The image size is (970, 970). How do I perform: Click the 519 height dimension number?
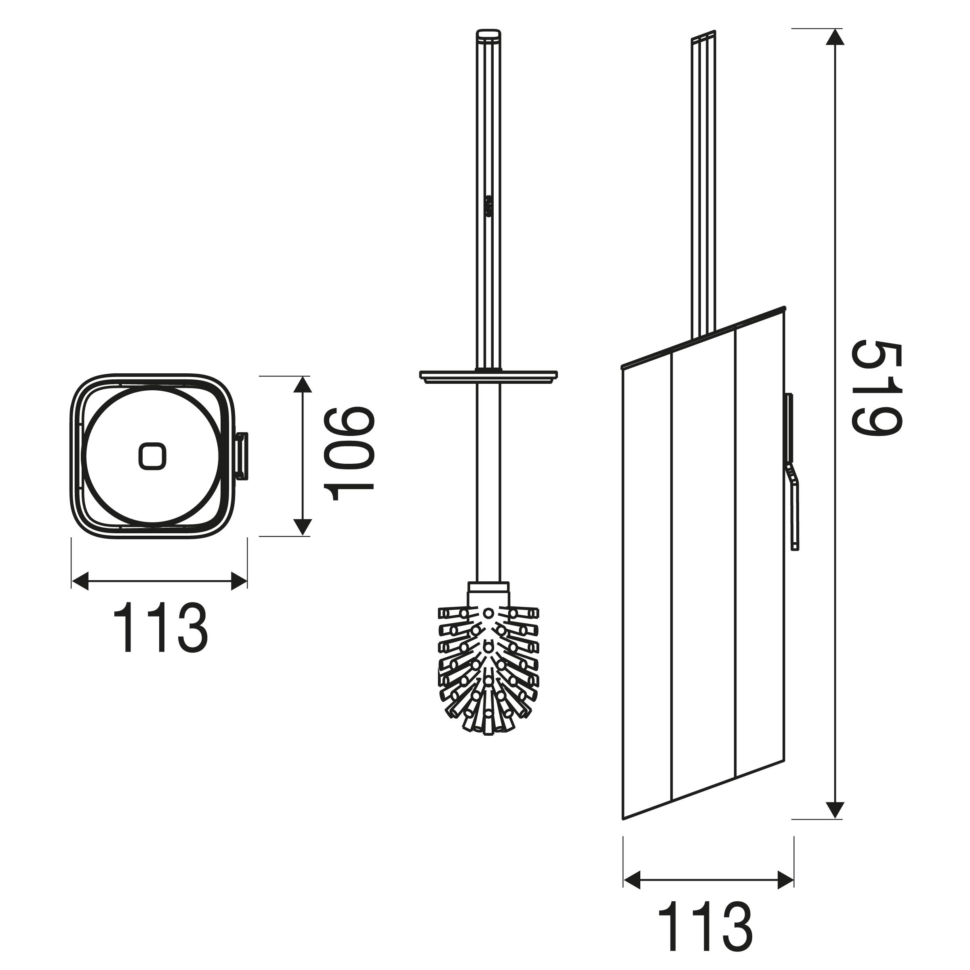pyautogui.click(x=877, y=389)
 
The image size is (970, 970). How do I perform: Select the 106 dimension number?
pyautogui.click(x=349, y=454)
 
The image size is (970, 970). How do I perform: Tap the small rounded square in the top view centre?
pyautogui.click(x=151, y=456)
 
